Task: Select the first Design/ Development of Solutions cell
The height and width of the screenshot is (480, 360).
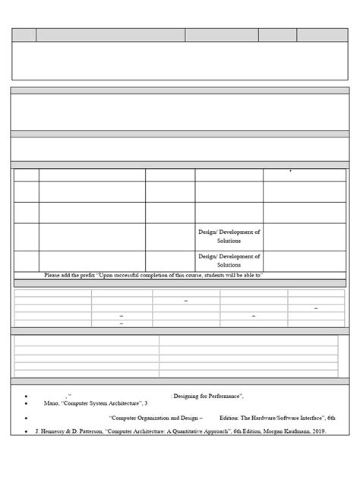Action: pos(229,235)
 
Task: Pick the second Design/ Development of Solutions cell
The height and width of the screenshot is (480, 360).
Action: pos(229,261)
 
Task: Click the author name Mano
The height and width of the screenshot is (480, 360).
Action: pos(52,403)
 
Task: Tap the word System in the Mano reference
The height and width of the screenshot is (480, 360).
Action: pos(101,403)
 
